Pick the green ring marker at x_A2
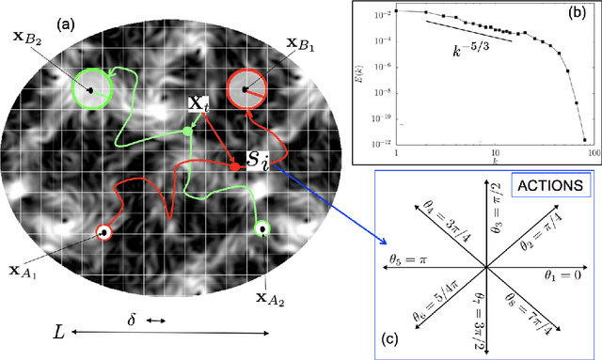click(261, 227)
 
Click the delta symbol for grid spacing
click(132, 321)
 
